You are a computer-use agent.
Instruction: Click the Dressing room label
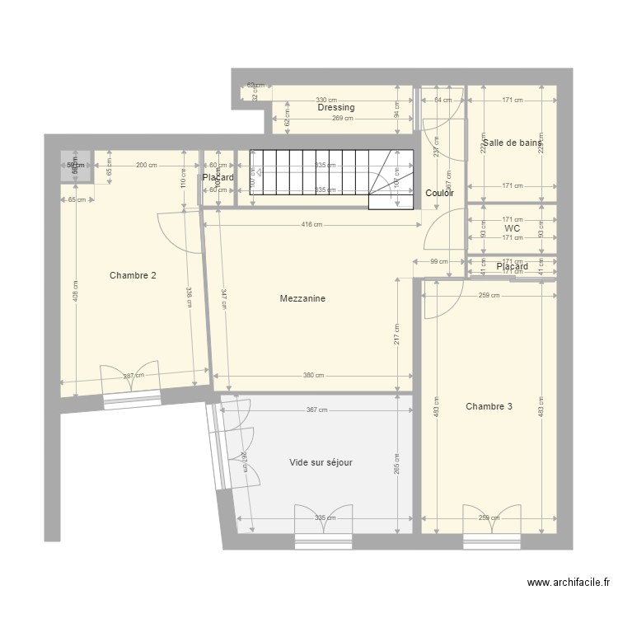[336, 108]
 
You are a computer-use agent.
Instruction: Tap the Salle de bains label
[513, 143]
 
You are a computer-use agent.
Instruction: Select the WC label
[512, 229]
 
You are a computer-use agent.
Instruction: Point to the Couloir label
[440, 194]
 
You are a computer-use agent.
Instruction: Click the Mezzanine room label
[302, 299]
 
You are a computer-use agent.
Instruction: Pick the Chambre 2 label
[133, 276]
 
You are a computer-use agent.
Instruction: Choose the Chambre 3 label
[489, 406]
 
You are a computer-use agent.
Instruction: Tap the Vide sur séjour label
[321, 463]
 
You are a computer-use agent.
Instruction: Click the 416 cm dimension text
[311, 224]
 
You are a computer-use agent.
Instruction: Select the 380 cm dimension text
[313, 376]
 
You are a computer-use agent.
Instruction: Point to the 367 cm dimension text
[316, 410]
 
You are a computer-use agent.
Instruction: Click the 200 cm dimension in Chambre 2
[146, 166]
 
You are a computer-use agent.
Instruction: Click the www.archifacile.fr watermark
[569, 583]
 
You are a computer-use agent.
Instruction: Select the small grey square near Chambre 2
[75, 166]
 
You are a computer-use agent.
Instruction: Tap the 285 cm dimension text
[396, 464]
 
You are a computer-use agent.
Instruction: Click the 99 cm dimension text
[439, 261]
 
